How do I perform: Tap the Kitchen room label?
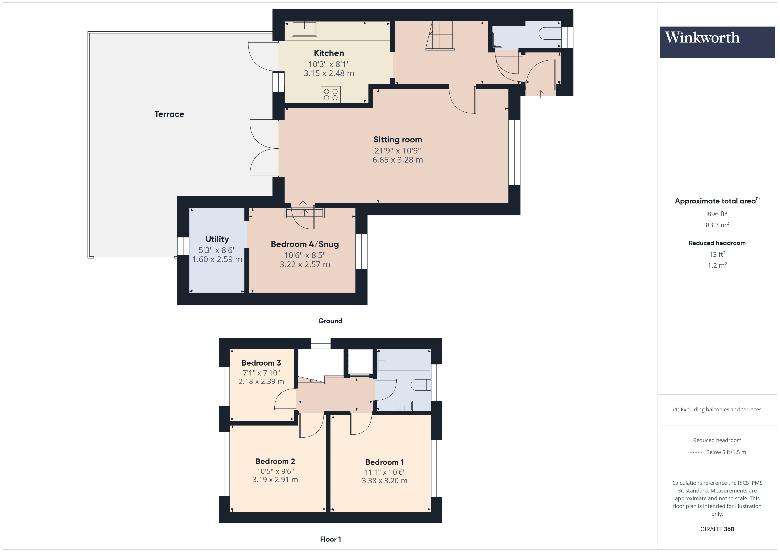point(329,53)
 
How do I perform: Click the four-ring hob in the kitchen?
point(331,94)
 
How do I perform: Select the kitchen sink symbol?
point(304,29)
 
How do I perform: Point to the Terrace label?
point(169,114)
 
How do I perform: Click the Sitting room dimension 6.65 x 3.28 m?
point(398,160)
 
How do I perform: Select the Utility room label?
point(217,239)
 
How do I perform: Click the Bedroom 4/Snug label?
point(305,244)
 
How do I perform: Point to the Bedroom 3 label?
point(261,363)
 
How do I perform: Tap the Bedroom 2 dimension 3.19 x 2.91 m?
point(275,480)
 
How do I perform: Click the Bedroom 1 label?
point(384,462)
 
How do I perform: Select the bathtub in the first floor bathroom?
point(403,360)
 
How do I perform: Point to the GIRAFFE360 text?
point(717,529)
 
